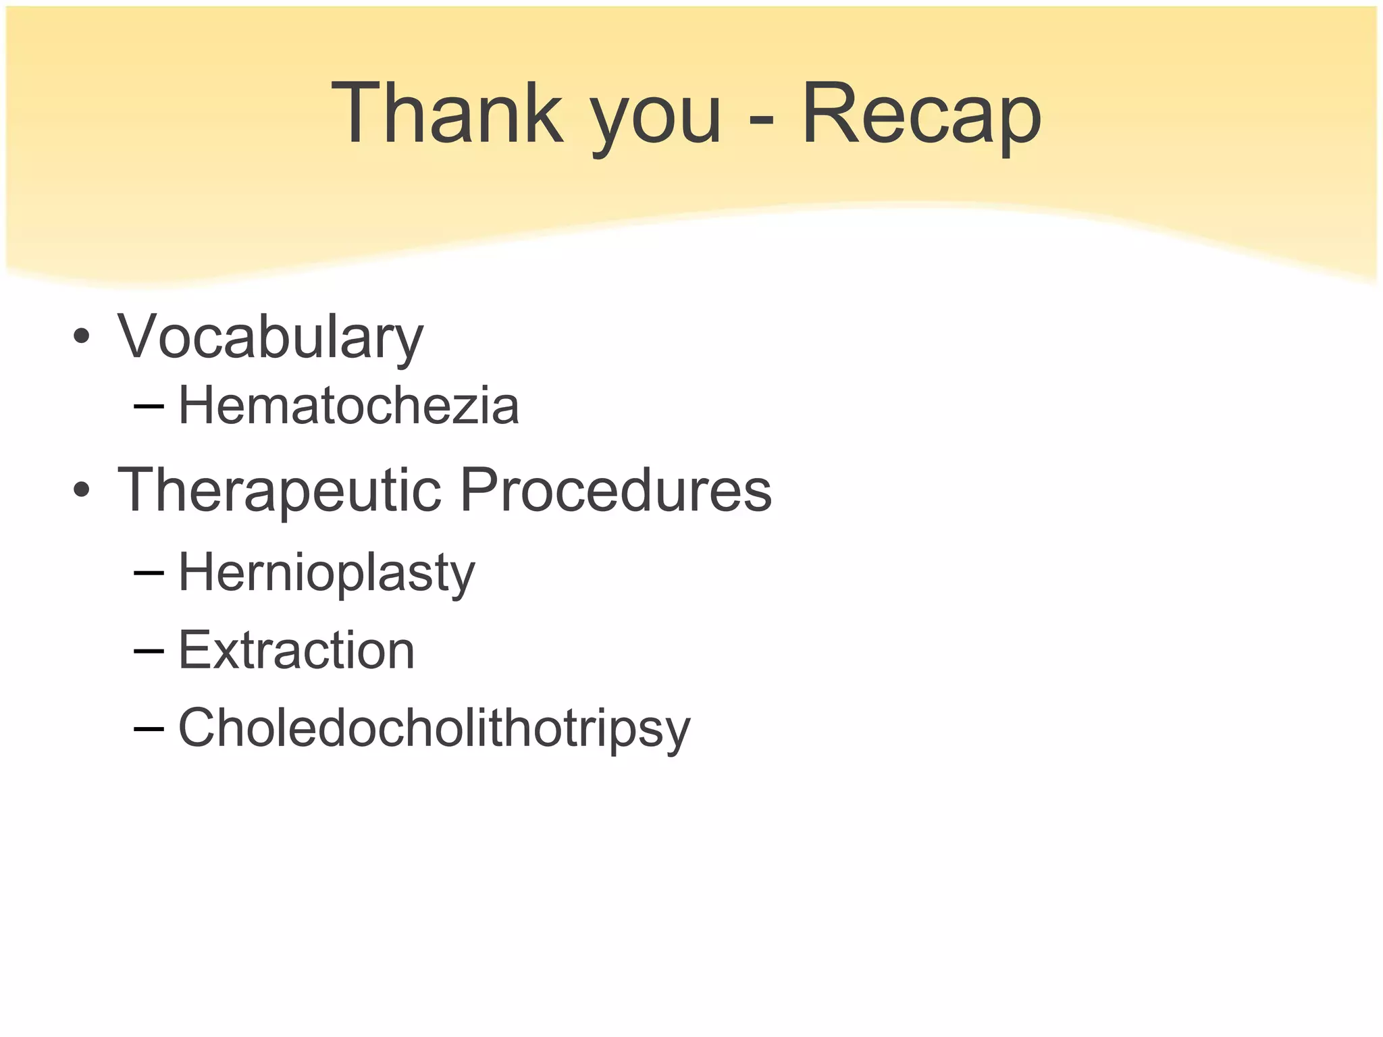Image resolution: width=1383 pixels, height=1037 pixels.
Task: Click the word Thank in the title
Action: (447, 113)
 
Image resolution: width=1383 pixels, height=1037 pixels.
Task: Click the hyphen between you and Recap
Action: (761, 122)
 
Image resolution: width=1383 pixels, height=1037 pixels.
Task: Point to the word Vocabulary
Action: (270, 337)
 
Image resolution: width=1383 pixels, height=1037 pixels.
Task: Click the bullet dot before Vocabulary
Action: (82, 337)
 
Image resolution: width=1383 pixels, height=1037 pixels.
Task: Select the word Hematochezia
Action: (348, 406)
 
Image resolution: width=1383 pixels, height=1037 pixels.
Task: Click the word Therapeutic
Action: (280, 491)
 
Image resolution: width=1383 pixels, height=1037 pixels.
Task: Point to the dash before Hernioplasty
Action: (149, 573)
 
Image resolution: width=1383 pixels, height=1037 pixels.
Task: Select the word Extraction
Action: (296, 650)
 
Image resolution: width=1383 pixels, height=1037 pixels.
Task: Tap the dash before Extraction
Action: (149, 651)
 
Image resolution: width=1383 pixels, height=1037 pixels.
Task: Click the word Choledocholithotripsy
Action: (434, 728)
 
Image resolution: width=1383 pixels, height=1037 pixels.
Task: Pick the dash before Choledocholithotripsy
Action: (149, 728)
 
